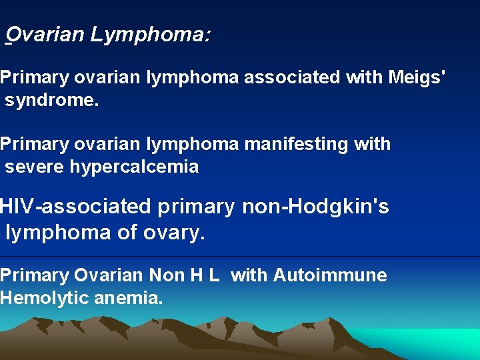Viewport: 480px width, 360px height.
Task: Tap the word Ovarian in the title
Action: pyautogui.click(x=47, y=34)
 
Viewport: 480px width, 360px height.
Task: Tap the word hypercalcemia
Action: pyautogui.click(x=134, y=166)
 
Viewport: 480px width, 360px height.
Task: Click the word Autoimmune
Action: pyautogui.click(x=329, y=275)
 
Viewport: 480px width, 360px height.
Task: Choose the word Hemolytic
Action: pyautogui.click(x=43, y=298)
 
